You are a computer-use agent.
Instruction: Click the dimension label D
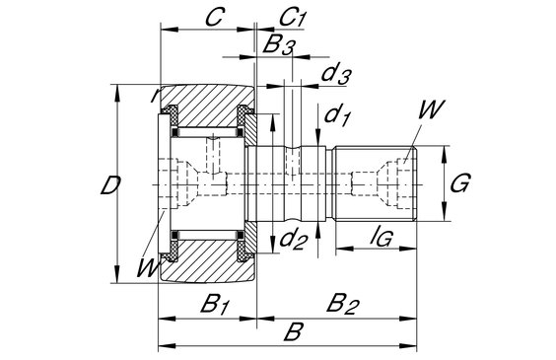tap(110, 185)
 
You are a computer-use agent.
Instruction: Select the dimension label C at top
tap(214, 17)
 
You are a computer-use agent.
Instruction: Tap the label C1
tap(292, 18)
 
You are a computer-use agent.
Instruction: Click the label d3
tap(336, 73)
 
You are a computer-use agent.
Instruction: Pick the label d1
tap(337, 115)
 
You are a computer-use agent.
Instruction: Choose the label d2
tap(292, 240)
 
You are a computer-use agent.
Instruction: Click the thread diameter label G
tap(460, 183)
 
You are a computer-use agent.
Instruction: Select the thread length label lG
tap(381, 237)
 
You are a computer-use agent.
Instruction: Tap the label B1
tap(214, 304)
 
